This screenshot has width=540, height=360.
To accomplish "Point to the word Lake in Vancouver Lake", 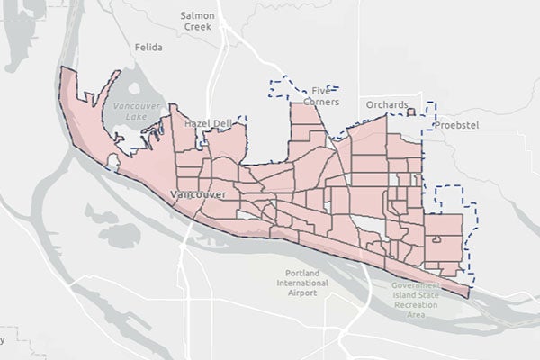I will click(134, 115).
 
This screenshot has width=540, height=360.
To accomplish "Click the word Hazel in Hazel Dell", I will click(196, 122).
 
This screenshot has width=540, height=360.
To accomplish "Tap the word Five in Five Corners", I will click(321, 90).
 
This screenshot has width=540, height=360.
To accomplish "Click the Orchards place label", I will click(388, 105).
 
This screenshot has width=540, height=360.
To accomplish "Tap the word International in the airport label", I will click(297, 283).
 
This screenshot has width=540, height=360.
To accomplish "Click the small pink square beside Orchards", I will click(410, 113).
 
